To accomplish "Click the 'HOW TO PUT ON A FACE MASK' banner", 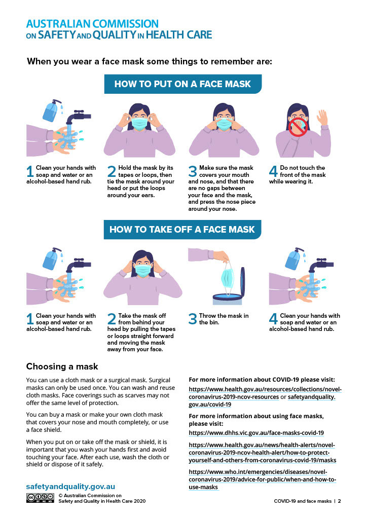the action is pos(182,84).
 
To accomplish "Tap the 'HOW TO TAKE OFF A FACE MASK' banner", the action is pos(182,230).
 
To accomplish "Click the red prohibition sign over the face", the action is pos(298,127).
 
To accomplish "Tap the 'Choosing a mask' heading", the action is pos(62,366).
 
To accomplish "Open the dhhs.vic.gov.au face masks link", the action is pos(256,433).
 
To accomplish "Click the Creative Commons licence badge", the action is pos(41,498).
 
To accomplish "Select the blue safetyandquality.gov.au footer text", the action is pos(70,486).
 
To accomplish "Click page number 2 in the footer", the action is pos(339,501).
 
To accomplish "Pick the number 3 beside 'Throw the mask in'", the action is pos(193,319).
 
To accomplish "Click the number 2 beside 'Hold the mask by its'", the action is pos(112,171).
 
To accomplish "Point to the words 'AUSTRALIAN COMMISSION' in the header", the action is pos(92,24).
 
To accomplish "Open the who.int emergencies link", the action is pos(263,479).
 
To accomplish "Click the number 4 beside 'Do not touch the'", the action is pos(273,171).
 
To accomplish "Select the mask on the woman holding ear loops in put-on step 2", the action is pos(139,123).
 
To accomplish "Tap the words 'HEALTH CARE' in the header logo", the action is pos(179,35).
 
